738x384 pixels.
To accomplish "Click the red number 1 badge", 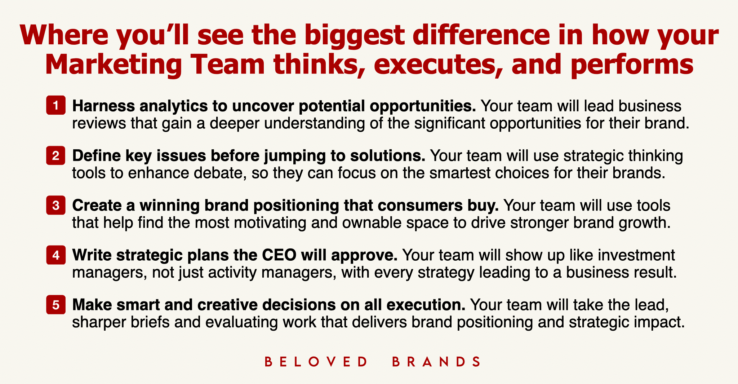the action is point(56,105).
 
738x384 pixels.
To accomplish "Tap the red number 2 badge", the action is point(56,155).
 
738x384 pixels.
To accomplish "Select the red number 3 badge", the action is point(56,205).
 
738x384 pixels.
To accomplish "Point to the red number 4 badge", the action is point(56,255).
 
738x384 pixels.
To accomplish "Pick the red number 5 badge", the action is point(56,305).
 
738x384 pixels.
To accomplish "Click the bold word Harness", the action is point(103,106).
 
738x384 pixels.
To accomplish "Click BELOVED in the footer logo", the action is point(316,362).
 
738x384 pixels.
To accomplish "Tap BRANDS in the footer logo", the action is point(436,362).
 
